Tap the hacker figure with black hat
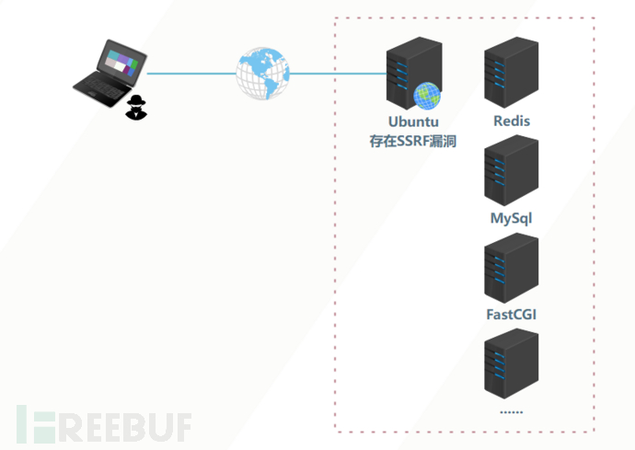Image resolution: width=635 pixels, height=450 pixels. (136, 107)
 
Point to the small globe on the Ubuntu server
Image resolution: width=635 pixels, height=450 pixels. (427, 95)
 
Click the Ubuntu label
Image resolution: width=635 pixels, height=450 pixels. (413, 121)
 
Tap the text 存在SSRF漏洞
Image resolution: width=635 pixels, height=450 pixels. (413, 141)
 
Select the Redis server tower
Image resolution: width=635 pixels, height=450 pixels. (511, 74)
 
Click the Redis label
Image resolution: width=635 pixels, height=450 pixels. (512, 121)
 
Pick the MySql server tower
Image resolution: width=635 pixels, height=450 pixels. (511, 171)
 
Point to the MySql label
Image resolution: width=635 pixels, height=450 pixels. (511, 218)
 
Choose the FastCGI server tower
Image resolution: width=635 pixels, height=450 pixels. (511, 268)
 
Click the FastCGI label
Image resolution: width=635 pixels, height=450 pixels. (511, 315)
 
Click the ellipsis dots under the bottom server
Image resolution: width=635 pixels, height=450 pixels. (511, 410)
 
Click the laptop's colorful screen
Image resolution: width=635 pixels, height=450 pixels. (121, 62)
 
